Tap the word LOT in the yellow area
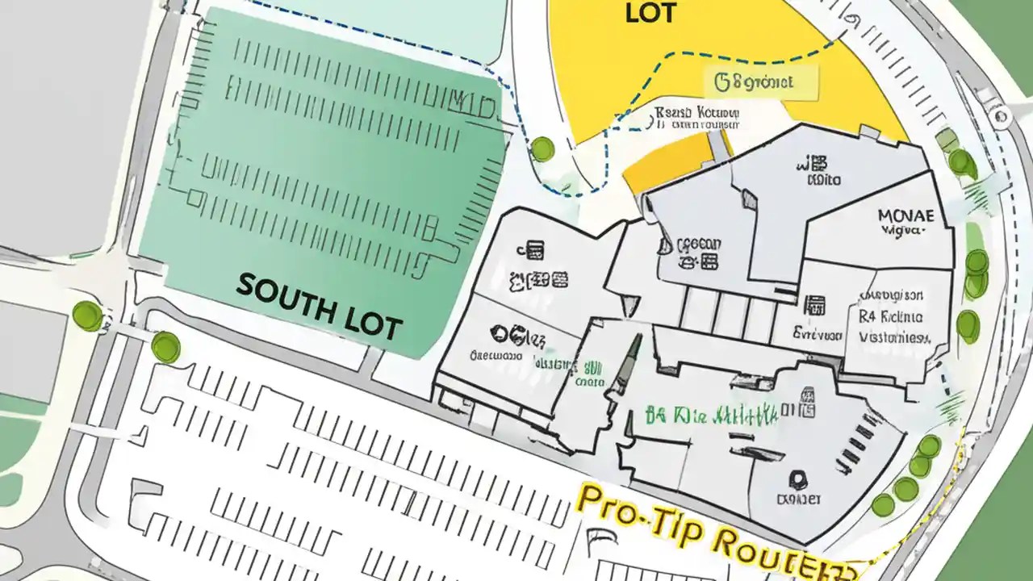coord(650,12)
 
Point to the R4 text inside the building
coord(866,317)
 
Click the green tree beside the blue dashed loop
coord(542,148)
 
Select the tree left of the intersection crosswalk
coord(87,315)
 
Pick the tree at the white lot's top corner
coord(165,347)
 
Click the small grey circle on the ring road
coord(1003,118)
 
